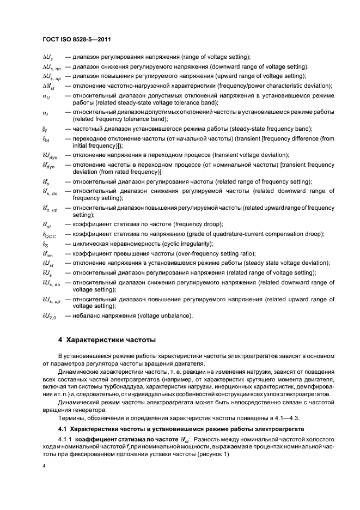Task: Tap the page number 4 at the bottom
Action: (44, 466)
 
